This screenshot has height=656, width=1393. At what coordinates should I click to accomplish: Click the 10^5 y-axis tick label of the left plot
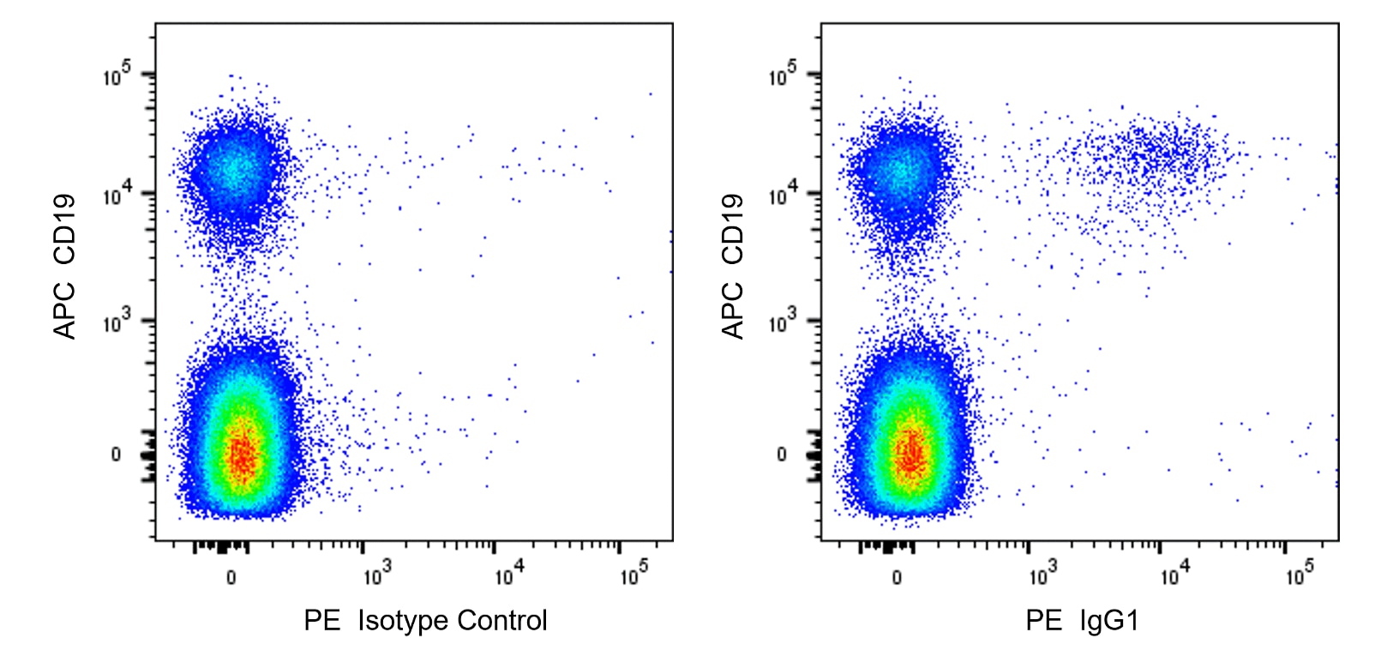click(117, 75)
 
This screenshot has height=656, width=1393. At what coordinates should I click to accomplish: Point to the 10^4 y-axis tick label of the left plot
click(117, 196)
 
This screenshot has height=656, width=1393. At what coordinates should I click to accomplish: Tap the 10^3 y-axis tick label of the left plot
click(117, 323)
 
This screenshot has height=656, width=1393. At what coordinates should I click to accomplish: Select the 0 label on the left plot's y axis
click(116, 454)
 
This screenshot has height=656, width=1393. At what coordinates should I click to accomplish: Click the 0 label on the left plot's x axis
click(231, 577)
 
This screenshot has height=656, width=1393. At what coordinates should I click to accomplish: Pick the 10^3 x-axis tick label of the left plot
click(376, 575)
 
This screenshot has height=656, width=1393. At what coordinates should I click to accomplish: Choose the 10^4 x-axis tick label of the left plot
click(508, 575)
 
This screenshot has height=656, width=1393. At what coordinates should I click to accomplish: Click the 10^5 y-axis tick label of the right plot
click(783, 75)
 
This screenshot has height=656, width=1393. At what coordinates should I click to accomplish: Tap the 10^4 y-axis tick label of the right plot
click(783, 196)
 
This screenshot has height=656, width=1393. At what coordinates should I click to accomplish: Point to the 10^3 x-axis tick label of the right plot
click(1042, 575)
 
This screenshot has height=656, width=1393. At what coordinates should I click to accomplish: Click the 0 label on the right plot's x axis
click(897, 577)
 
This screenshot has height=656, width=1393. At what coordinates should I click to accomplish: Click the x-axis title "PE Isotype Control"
click(425, 620)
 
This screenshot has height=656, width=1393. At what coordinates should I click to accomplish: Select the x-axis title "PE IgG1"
click(1082, 620)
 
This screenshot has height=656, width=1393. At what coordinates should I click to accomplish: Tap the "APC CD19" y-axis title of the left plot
click(65, 266)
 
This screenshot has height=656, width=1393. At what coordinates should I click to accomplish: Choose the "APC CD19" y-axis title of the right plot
click(732, 266)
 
